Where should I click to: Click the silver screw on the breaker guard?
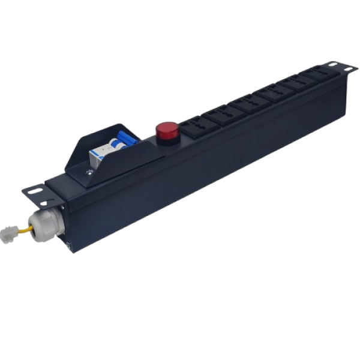pyautogui.click(x=89, y=173)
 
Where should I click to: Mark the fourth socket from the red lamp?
pyautogui.click(x=268, y=92)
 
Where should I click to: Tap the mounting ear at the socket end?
pyautogui.click(x=340, y=65)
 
